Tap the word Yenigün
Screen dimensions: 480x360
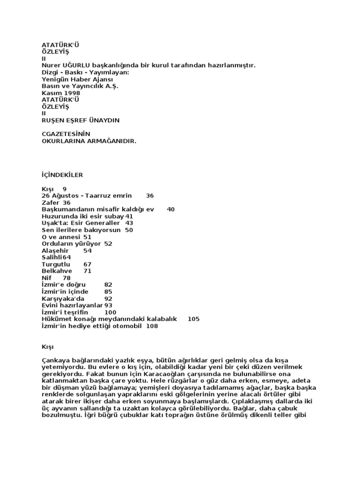pyautogui.click(x=55, y=79)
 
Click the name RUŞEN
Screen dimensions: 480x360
pyautogui.click(x=54, y=120)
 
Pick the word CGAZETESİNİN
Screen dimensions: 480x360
pyautogui.click(x=66, y=134)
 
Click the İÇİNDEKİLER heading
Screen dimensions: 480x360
pyautogui.click(x=62, y=175)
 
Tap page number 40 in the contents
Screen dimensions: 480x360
pyautogui.click(x=171, y=209)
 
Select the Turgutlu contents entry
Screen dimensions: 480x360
pyautogui.click(x=56, y=264)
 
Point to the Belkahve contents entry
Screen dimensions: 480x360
pyautogui.click(x=57, y=270)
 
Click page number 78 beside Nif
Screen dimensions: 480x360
pyautogui.click(x=67, y=277)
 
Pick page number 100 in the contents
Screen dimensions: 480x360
pyautogui.click(x=110, y=312)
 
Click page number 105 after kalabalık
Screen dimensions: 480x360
pyautogui.click(x=194, y=319)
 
